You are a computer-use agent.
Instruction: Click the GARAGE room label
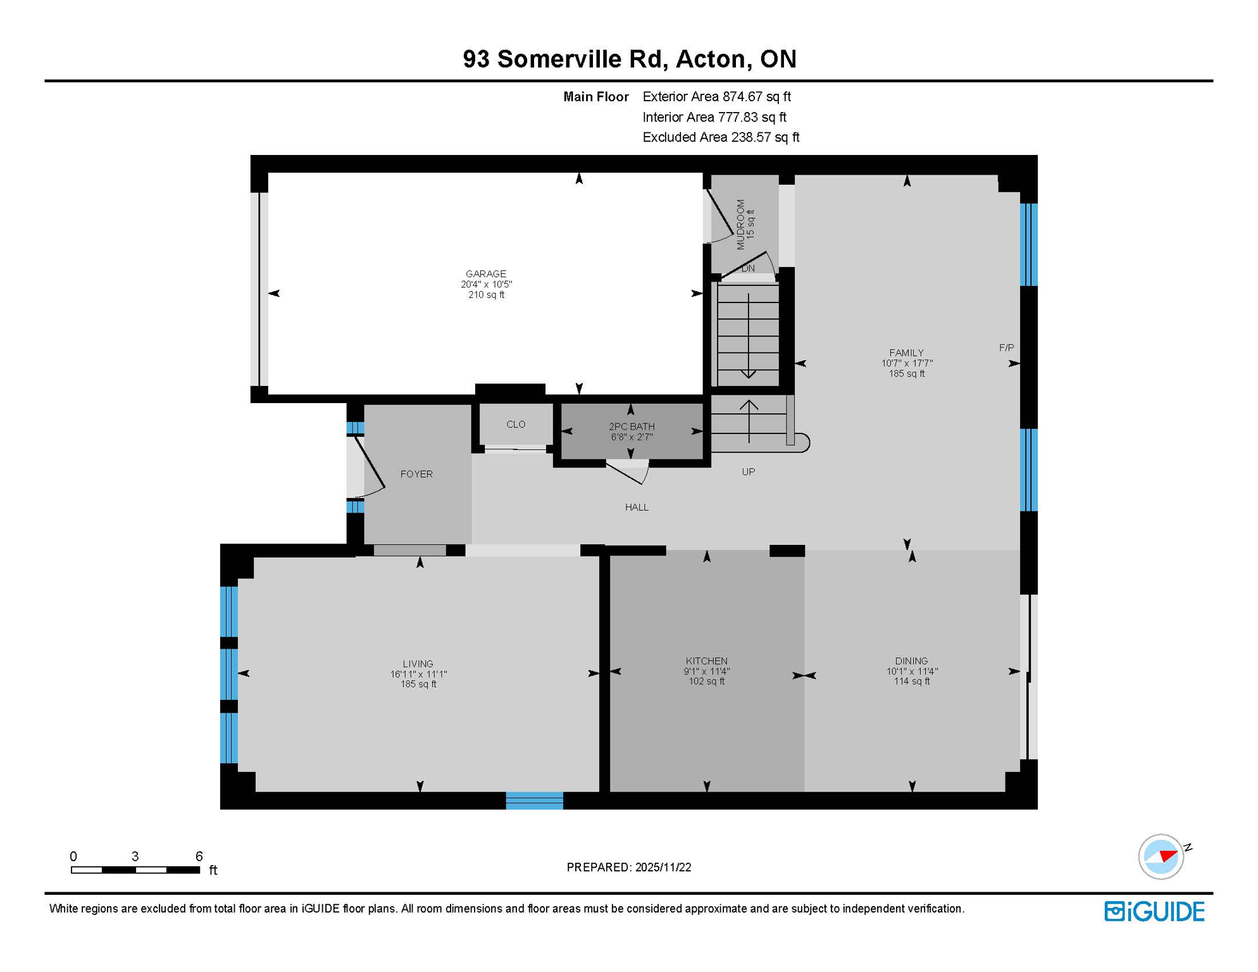(x=485, y=274)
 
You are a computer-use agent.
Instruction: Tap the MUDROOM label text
(x=741, y=225)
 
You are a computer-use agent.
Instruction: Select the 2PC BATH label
(x=632, y=427)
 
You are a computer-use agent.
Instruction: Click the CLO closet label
(x=516, y=425)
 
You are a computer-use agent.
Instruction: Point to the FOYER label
(x=416, y=474)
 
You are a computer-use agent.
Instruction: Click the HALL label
(x=637, y=508)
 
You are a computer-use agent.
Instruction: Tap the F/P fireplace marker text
(x=1006, y=347)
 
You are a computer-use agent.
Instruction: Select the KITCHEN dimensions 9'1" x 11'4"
(x=706, y=671)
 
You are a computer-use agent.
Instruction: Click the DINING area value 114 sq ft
(x=911, y=682)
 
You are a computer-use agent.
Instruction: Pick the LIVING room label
(x=418, y=664)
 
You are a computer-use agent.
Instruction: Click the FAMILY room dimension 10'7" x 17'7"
(x=906, y=363)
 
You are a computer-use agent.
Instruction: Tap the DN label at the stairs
(x=748, y=268)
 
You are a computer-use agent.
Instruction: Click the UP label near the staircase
(x=748, y=472)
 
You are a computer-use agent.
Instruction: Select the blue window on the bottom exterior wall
(x=534, y=801)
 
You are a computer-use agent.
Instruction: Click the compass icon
(x=1161, y=856)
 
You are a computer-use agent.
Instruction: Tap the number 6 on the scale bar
(x=199, y=856)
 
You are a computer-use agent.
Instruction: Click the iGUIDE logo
(x=1154, y=911)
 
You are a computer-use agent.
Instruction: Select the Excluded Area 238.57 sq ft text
(x=720, y=137)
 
